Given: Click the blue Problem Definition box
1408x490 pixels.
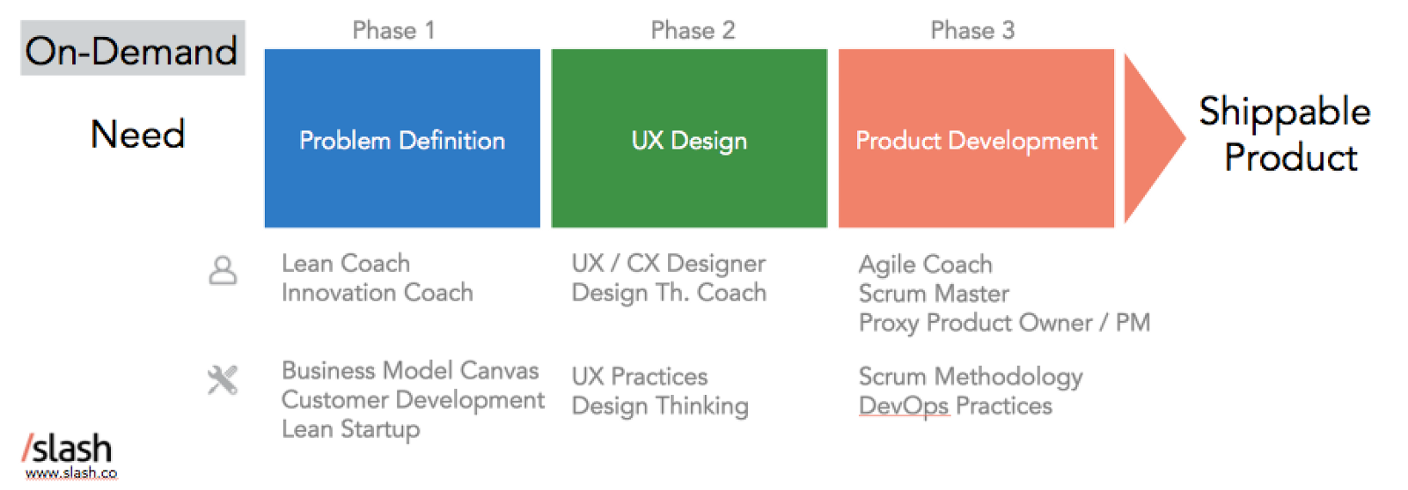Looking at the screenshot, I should click(x=402, y=139).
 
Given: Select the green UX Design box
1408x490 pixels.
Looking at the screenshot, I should click(x=689, y=139).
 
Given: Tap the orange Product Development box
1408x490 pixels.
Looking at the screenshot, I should click(x=976, y=139).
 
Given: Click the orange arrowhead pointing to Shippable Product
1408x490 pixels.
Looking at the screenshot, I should click(x=1151, y=138).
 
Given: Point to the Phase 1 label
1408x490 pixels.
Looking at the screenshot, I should click(x=393, y=31).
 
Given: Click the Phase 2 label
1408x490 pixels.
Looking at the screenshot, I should click(x=693, y=31).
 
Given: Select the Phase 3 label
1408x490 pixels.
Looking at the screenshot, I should click(x=972, y=31).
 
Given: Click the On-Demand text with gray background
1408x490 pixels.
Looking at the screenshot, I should click(x=132, y=49).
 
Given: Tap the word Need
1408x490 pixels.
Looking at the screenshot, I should click(x=138, y=135).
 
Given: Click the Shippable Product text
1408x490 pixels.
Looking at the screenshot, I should click(x=1286, y=135).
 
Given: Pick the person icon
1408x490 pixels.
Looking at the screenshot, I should click(x=223, y=270).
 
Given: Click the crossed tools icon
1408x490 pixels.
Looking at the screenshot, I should click(x=223, y=380).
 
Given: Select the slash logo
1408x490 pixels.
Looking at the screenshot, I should click(x=68, y=449).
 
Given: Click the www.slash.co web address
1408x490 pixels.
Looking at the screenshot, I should click(x=71, y=473).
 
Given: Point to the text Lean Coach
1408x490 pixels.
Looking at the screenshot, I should click(x=346, y=263).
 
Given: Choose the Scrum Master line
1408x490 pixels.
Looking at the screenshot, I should click(x=934, y=293).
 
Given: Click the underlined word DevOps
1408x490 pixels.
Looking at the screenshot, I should click(x=904, y=406).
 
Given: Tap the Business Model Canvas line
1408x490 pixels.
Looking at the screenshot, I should click(x=410, y=370).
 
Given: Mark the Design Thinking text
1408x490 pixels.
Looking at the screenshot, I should click(x=660, y=406).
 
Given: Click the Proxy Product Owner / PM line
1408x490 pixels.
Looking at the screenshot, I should click(x=1004, y=323).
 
